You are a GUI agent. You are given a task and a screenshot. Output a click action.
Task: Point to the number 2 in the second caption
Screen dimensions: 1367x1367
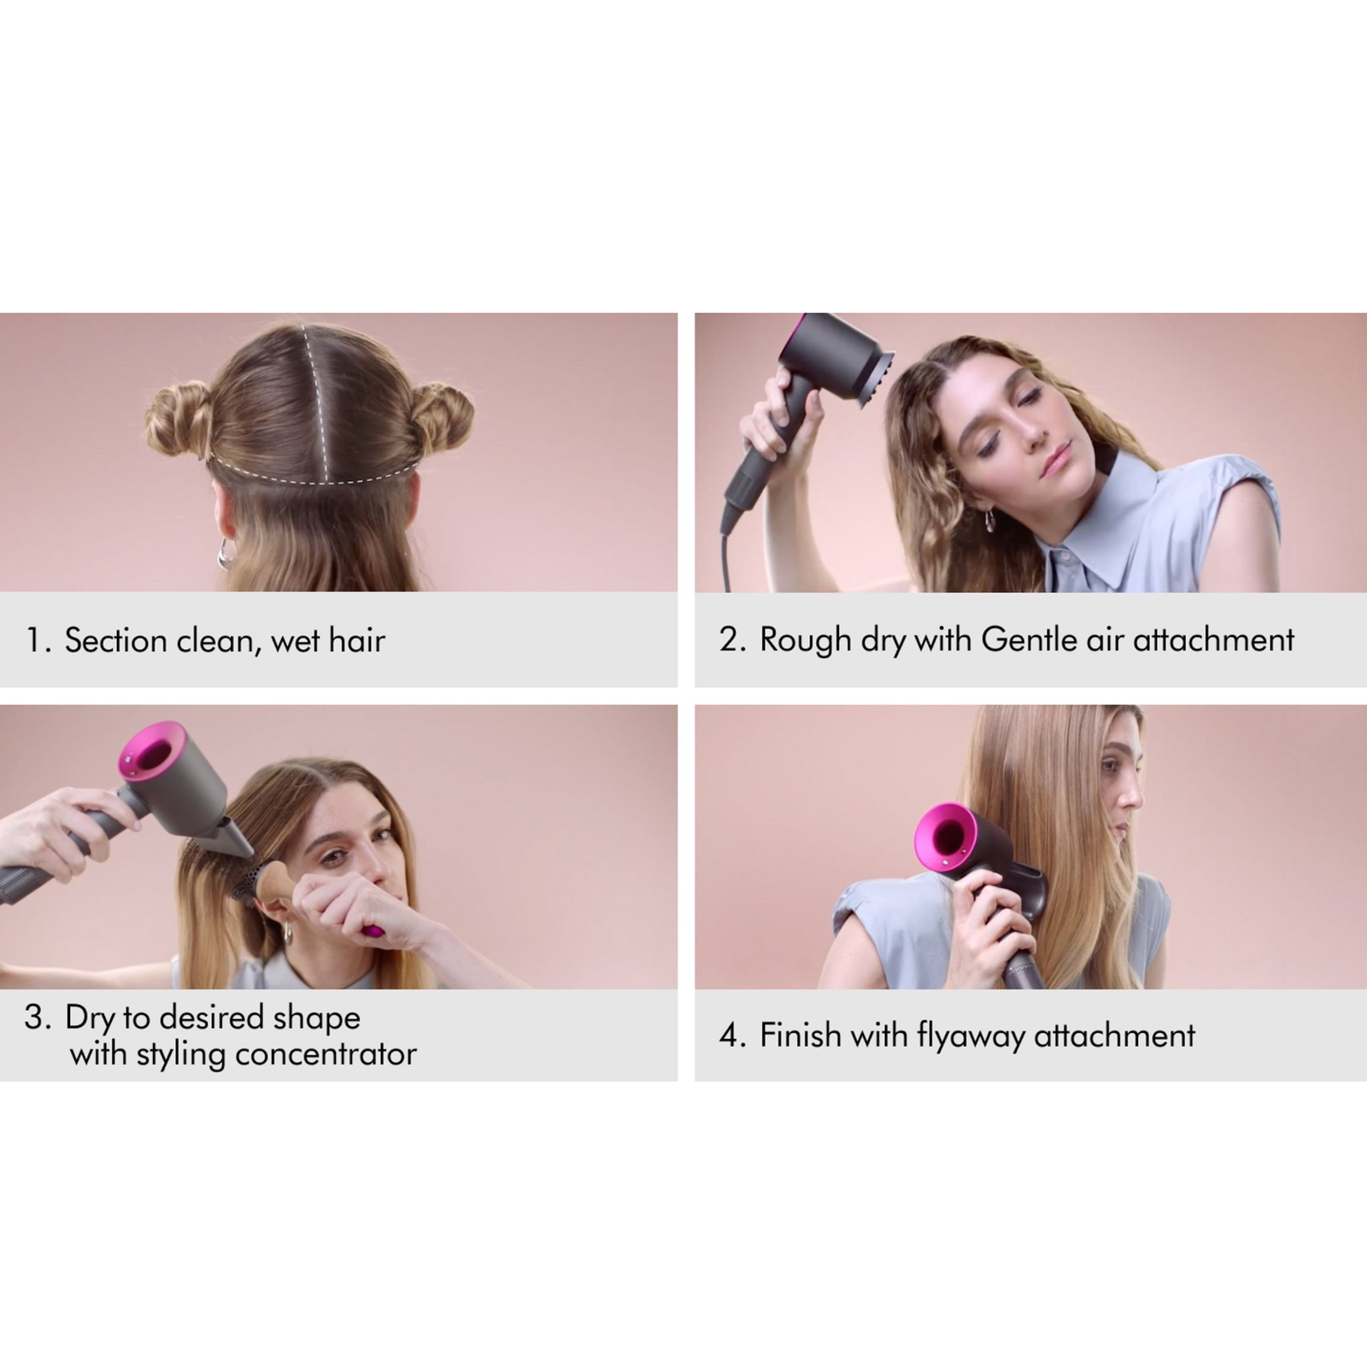(729, 640)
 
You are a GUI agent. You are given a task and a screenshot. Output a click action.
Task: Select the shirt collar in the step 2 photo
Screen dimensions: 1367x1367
(1102, 521)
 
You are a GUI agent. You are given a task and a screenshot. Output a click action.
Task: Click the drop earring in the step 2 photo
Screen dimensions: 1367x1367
(992, 522)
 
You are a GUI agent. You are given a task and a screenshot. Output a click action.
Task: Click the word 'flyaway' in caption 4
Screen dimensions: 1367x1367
(971, 1036)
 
